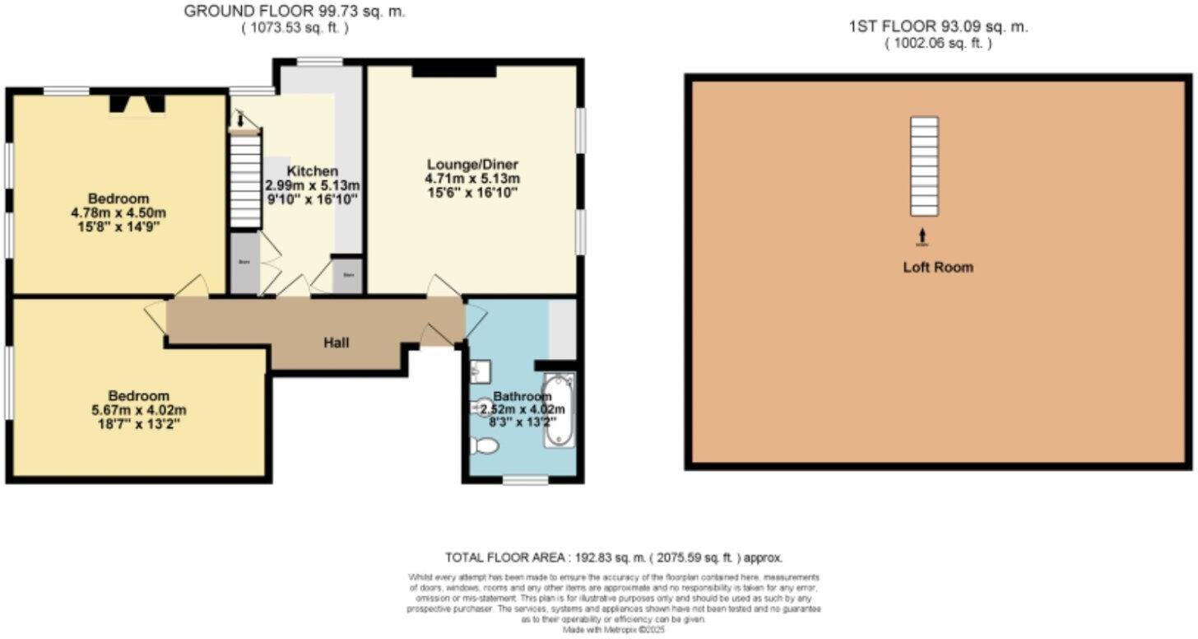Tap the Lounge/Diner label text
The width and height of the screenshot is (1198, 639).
coord(471,163)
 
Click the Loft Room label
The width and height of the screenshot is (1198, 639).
coord(938,267)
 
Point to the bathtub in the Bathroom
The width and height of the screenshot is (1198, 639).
coord(560,410)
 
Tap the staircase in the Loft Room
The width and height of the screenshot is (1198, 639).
coord(924,165)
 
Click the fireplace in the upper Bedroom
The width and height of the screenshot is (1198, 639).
coord(137,103)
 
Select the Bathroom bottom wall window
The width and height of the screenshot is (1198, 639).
coord(525,479)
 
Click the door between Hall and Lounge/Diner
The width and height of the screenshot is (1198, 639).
coord(444,287)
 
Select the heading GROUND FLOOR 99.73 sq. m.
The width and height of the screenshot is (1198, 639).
coord(295,12)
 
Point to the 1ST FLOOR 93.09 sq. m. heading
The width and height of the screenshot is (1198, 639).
coord(938,26)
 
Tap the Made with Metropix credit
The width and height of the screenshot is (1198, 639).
coord(614,630)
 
